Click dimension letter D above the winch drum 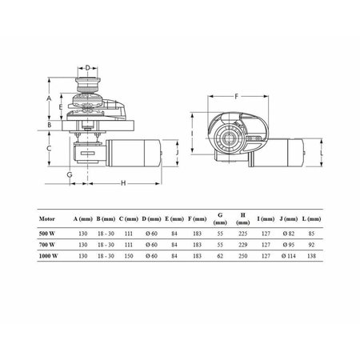[x=88, y=68]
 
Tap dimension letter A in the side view [x=49, y=98]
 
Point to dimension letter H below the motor [x=123, y=183]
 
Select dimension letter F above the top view [x=236, y=97]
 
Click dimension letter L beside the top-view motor [x=322, y=153]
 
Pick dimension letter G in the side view [x=70, y=175]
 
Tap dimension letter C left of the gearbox [x=49, y=148]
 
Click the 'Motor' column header [x=47, y=219]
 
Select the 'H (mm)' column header [x=242, y=218]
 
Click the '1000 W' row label [x=48, y=256]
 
